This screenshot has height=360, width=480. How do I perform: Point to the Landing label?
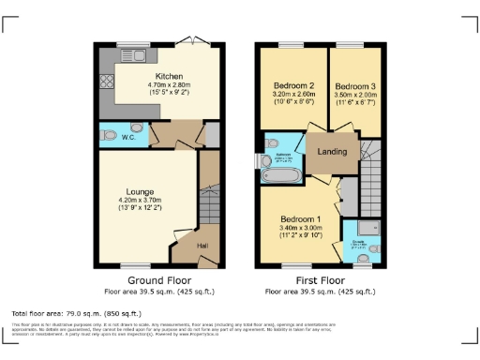tap(333, 152)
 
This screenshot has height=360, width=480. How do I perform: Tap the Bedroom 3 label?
tap(354, 85)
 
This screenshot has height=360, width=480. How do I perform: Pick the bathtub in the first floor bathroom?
tap(280, 174)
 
